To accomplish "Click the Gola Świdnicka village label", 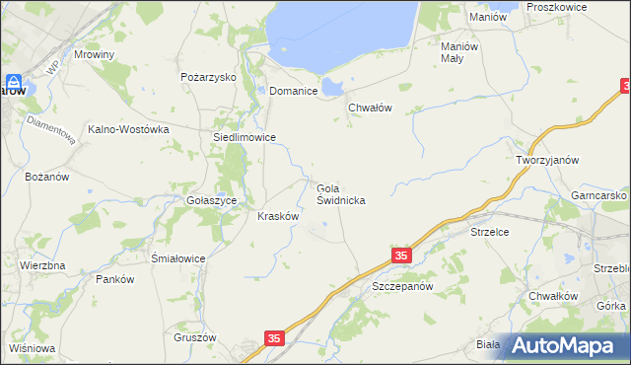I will [x=341, y=193].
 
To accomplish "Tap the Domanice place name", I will [x=293, y=91].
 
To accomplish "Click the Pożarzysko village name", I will [x=204, y=76].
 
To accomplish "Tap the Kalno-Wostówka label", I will [x=129, y=129].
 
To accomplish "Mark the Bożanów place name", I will [x=46, y=177].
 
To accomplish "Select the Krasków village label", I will [x=278, y=216].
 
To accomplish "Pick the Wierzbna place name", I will [x=42, y=266].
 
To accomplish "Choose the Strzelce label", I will [x=489, y=233].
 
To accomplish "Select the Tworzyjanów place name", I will [x=546, y=160].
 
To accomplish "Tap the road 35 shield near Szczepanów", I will [x=400, y=255].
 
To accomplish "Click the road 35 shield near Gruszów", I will [x=274, y=338].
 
